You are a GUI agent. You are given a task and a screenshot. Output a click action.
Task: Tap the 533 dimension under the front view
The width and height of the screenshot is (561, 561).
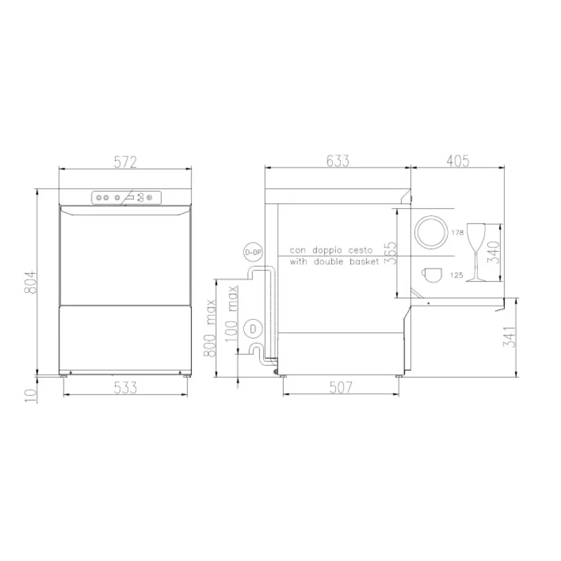coord(126,387)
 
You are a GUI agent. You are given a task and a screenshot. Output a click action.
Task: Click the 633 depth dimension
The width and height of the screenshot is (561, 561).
coord(338,162)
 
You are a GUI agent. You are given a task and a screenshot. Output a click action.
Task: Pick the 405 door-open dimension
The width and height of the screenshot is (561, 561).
coord(458,162)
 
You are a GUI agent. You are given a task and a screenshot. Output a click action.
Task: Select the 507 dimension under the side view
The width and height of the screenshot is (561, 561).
coord(341,387)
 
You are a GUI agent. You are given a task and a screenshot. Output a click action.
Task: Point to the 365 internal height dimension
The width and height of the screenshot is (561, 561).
coord(392,252)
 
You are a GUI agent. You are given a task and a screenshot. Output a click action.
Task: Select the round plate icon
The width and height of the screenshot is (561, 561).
coord(431,231)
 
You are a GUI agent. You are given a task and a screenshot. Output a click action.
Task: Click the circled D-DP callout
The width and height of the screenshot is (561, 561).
coord(253,253)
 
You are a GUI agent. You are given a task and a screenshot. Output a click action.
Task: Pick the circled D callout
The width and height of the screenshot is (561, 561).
coord(254,329)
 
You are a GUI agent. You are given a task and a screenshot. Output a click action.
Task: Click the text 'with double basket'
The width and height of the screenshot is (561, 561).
coord(334,262)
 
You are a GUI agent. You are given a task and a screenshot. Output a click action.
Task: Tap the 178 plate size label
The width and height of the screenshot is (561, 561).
coord(457,232)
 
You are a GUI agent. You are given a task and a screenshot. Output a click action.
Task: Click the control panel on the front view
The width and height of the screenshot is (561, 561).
coord(126,197)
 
